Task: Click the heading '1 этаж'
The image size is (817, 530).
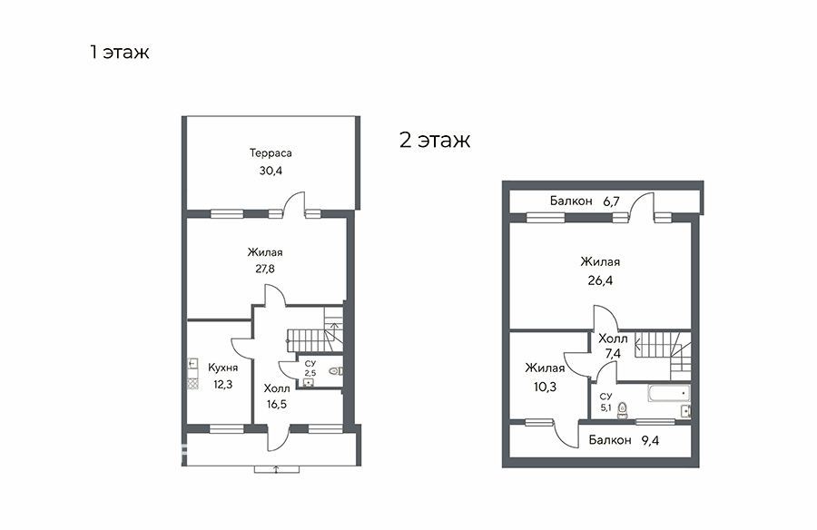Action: pos(119,52)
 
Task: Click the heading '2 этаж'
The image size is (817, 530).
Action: pos(435,140)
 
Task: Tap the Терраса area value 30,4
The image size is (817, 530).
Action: pos(271,171)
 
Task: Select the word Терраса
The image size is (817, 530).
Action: pos(271,153)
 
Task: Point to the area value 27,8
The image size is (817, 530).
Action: pos(265,269)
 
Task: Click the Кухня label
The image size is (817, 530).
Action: pos(223,368)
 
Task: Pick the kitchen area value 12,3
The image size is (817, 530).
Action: pos(222,385)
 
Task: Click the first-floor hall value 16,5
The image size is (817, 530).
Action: pos(276,404)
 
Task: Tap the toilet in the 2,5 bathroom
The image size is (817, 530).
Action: pos(335,371)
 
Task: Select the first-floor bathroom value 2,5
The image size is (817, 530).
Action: pos(310,373)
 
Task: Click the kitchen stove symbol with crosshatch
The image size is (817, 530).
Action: pos(192,384)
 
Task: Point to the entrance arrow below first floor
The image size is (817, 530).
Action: pos(276,469)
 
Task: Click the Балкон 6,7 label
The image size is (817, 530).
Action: pos(585,201)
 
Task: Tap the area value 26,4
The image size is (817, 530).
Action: pos(600,280)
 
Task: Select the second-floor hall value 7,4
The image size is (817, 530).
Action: pos(613,353)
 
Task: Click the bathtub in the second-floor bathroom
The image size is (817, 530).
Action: pos(669,393)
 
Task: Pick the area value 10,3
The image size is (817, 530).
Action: pos(545,388)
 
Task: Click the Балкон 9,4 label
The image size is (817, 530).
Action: pos(624,440)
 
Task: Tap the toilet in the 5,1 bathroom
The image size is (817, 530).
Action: pos(622,411)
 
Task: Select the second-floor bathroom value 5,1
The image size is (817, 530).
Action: pos(606,408)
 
